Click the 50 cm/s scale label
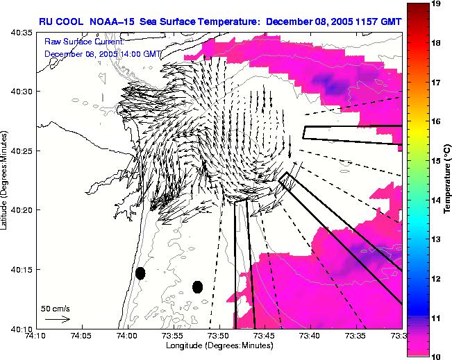[55, 307]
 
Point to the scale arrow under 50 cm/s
[57, 319]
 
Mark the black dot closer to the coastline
[140, 273]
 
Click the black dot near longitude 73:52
[197, 286]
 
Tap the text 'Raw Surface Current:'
[83, 42]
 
